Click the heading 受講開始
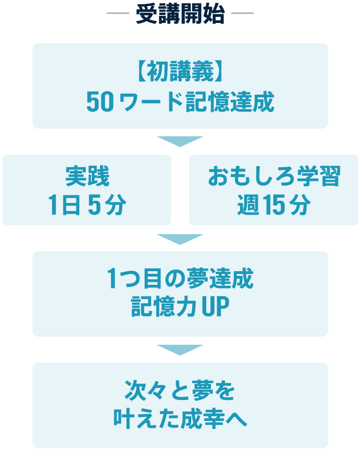[x=180, y=14]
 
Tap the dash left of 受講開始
[x=118, y=13]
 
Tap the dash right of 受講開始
[x=243, y=13]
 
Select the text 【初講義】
[x=180, y=71]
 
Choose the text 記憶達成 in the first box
[x=230, y=102]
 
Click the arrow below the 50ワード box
[x=180, y=141]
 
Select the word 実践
[x=87, y=176]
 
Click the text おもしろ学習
[x=274, y=176]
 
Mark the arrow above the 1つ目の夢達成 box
[x=180, y=239]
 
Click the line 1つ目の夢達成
[x=180, y=278]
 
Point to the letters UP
[x=215, y=306]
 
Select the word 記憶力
[x=164, y=306]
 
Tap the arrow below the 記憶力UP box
[x=180, y=350]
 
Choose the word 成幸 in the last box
[x=202, y=419]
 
